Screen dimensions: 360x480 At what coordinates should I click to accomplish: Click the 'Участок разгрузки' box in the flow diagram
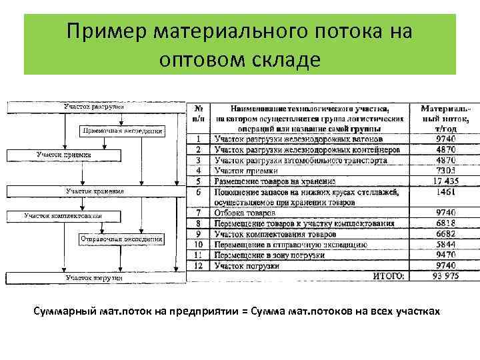tap(93, 107)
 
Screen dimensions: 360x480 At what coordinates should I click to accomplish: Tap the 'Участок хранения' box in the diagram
tap(93, 191)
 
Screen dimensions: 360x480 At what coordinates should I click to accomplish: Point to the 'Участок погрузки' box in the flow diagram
tap(93, 277)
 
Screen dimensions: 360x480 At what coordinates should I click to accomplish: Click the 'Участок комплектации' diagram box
tap(63, 216)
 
